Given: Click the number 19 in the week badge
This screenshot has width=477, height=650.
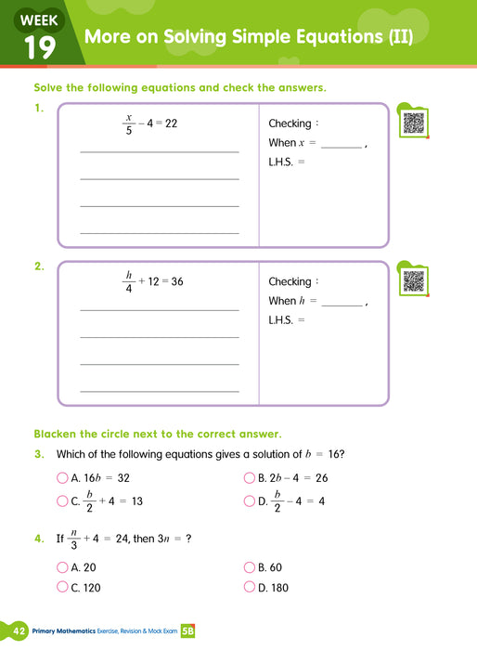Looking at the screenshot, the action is point(39,47).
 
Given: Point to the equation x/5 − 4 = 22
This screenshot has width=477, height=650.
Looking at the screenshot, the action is point(149,123).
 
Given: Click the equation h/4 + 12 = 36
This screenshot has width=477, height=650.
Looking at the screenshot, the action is point(153,282).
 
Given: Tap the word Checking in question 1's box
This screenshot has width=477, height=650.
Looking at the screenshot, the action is point(290,123).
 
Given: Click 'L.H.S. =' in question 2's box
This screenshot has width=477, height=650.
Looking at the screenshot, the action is point(287,320).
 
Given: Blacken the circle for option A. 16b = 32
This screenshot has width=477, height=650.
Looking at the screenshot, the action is point(63,478).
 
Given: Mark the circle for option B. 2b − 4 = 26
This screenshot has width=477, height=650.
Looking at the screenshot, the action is point(250,478).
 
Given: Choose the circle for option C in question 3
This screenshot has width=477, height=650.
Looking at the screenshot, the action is point(63,501).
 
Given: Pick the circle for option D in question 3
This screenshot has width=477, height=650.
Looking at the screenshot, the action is point(250,501).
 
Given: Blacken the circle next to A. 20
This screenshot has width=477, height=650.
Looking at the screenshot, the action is point(63,567).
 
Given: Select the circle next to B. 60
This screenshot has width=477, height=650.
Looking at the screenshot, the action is point(250,567).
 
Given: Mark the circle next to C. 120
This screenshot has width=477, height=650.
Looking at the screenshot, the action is point(63,587).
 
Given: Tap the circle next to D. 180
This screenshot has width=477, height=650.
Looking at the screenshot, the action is point(250,587).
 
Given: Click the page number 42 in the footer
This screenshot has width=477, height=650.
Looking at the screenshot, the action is point(18,630).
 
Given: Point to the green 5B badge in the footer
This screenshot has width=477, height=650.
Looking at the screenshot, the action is point(187,630).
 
